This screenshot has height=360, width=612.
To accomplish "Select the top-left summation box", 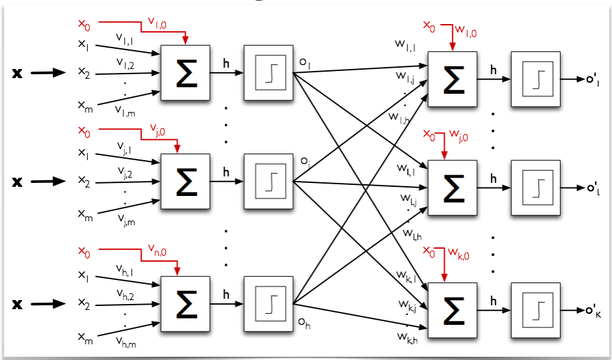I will coord(186,72).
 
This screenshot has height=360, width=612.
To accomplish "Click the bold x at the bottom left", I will coord(18,304).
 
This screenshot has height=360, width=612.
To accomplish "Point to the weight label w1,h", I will coord(400,118).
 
